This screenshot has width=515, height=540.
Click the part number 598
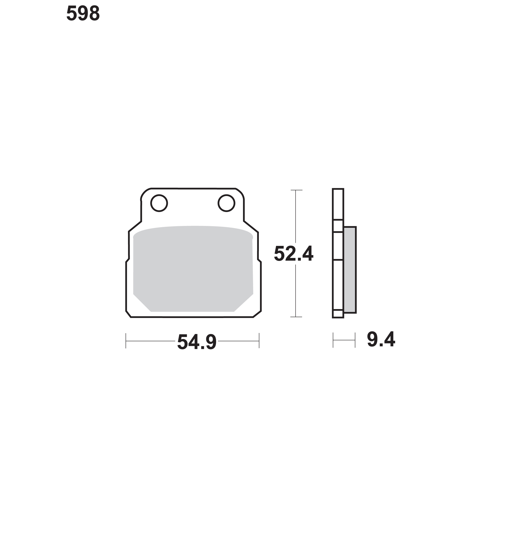83,14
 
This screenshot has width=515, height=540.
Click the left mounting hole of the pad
159,203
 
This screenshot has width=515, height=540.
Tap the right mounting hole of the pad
226,203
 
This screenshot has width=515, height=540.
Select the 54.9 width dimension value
197,342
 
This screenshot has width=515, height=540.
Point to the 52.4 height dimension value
294,254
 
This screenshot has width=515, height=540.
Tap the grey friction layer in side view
350,270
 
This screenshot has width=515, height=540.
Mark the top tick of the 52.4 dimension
296,190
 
